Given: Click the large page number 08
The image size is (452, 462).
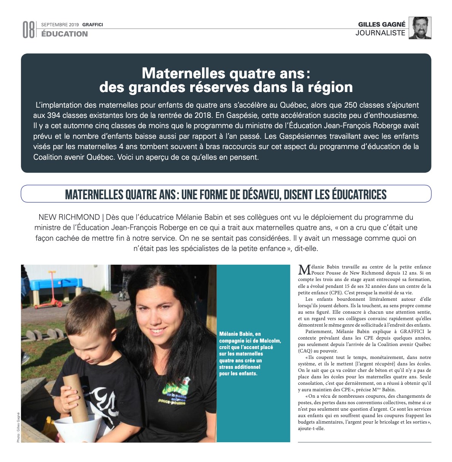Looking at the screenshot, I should coord(29,30).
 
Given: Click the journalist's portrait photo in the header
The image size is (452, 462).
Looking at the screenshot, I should coord(420,28).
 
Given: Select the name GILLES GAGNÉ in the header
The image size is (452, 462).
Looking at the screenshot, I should coord(382,24).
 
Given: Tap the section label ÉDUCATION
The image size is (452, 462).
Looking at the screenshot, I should coord(64,34).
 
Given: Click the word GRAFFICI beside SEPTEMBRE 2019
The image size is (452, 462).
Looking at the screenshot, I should coord(92,25).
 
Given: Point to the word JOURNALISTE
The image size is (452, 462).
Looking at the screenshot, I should coord(380,33).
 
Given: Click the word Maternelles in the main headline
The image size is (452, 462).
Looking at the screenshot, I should coord(178,73).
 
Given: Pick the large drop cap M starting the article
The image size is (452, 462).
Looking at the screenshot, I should coord(304,270).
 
